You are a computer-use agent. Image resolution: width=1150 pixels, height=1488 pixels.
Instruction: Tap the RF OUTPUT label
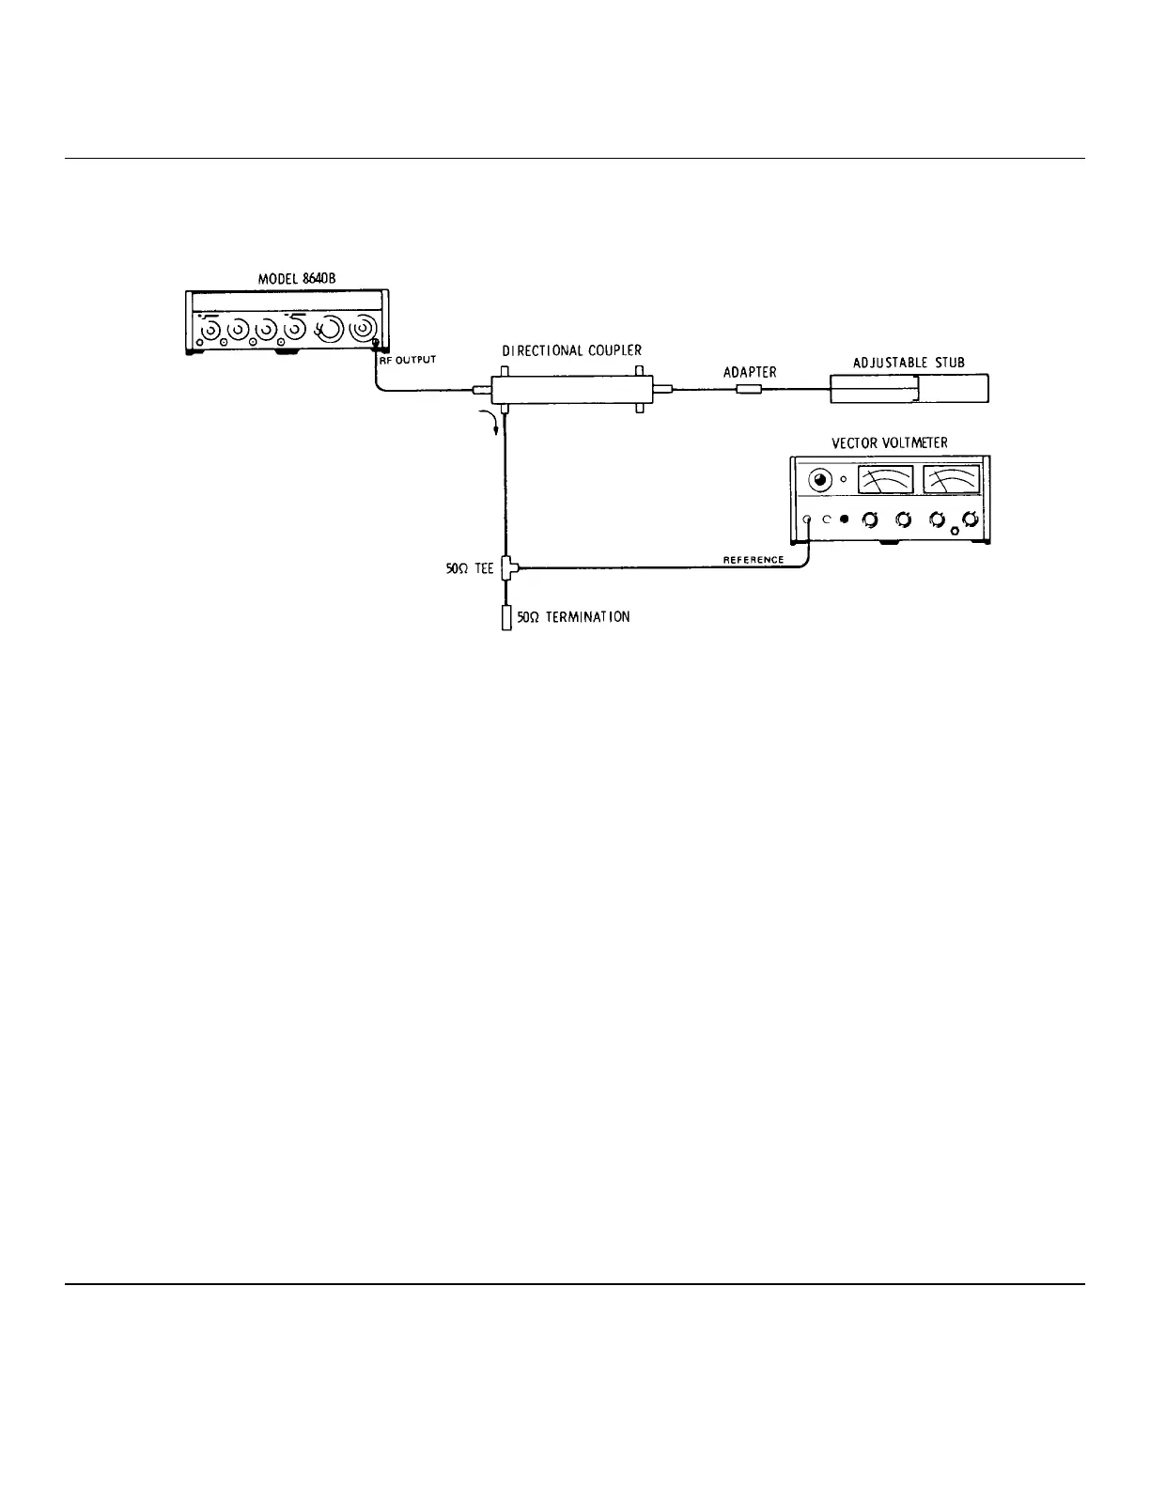(x=407, y=361)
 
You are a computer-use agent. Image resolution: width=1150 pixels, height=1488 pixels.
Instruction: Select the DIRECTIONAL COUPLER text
(x=571, y=350)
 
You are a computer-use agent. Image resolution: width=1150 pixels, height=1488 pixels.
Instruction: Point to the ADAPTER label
(x=750, y=372)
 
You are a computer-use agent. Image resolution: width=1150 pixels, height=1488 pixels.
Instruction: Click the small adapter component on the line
(x=749, y=389)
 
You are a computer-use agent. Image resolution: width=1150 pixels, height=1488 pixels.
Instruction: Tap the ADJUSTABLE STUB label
(x=909, y=363)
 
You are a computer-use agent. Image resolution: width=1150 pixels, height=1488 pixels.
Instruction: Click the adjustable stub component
(x=909, y=389)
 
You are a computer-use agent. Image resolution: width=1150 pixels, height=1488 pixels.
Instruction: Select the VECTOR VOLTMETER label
(x=890, y=443)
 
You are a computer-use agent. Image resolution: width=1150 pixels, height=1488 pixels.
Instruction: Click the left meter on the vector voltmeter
(x=885, y=479)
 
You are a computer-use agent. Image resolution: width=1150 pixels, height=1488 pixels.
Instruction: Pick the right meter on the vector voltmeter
(x=952, y=479)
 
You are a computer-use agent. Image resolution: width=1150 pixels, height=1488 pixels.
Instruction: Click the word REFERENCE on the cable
(x=754, y=560)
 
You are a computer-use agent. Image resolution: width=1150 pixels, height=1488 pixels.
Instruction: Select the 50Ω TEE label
(x=469, y=568)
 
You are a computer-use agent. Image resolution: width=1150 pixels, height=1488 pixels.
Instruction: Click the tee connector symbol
(x=507, y=567)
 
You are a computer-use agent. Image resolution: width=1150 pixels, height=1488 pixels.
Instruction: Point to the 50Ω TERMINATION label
(x=573, y=617)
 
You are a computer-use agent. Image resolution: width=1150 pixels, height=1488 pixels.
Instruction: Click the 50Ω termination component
(x=506, y=618)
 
